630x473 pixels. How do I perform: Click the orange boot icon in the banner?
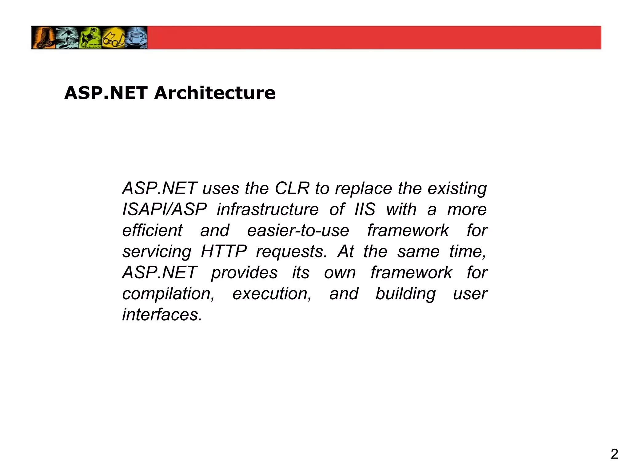pyautogui.click(x=43, y=38)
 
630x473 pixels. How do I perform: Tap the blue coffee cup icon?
pyautogui.click(x=136, y=38)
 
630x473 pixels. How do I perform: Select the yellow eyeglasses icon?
pyautogui.click(x=113, y=38)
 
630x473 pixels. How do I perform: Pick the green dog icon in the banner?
pyautogui.click(x=90, y=38)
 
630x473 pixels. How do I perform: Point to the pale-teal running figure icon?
pyautogui.click(x=67, y=38)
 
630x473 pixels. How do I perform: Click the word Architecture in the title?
pyautogui.click(x=215, y=93)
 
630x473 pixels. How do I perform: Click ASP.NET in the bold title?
pyautogui.click(x=106, y=93)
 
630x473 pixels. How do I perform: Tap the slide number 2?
pyautogui.click(x=614, y=454)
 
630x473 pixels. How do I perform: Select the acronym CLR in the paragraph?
pyautogui.click(x=292, y=188)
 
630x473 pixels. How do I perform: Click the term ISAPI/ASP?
pyautogui.click(x=165, y=210)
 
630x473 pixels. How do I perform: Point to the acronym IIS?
pyautogui.click(x=365, y=210)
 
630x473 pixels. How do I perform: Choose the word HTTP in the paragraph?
pyautogui.click(x=224, y=252)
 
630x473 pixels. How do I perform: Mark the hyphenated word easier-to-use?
pyautogui.click(x=298, y=231)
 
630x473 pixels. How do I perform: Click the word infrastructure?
pyautogui.click(x=268, y=210)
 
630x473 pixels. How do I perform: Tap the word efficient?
pyautogui.click(x=152, y=231)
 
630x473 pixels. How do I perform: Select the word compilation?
pyautogui.click(x=168, y=294)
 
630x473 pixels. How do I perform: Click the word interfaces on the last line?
pyautogui.click(x=162, y=315)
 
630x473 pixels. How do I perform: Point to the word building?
pyautogui.click(x=406, y=294)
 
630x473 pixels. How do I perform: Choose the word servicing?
pyautogui.click(x=157, y=252)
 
